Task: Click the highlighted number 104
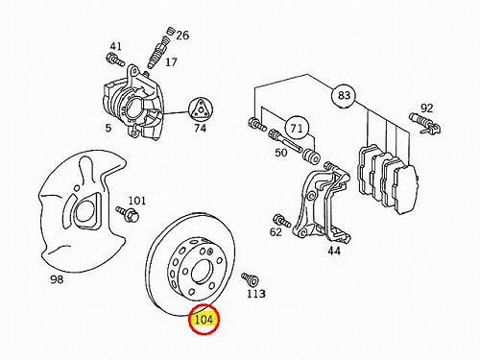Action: coord(204,319)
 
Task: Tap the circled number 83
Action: coord(344,95)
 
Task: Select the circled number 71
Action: coord(297,128)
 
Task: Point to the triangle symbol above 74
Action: coord(200,109)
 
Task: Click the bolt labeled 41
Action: coord(114,60)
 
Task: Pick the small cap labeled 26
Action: coord(171,32)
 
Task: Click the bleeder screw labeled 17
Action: coord(157,52)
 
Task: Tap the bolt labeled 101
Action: coord(128,214)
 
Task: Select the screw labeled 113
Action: coord(250,279)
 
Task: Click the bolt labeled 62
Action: coord(281,221)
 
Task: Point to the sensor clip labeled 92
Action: coord(425,124)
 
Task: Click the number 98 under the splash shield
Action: coord(57,279)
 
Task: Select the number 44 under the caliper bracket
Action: coord(334,251)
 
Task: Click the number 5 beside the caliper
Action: coord(108,128)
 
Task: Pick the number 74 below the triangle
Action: coord(200,128)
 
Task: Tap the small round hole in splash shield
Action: coord(77,188)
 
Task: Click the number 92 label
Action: coord(426,108)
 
